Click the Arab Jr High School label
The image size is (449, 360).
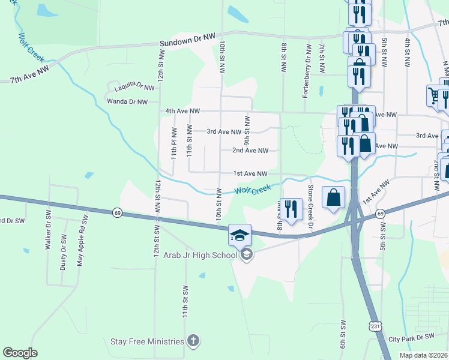200,255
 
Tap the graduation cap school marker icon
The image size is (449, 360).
240,235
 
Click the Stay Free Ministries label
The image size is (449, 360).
147,341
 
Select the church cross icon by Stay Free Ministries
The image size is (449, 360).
193,341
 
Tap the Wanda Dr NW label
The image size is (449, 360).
127,102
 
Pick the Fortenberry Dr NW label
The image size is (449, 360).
308,71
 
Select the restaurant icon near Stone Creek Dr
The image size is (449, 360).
291,209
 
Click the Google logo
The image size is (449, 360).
20,353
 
